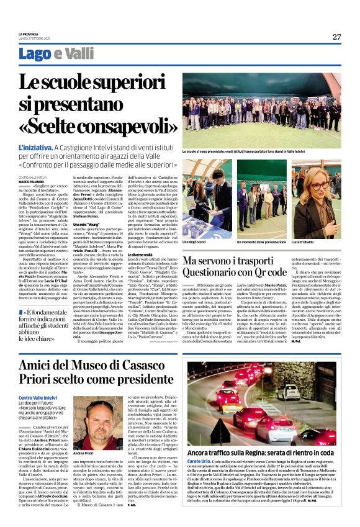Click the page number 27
[336, 37]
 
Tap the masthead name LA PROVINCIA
[29, 34]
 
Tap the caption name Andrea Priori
[84, 454]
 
